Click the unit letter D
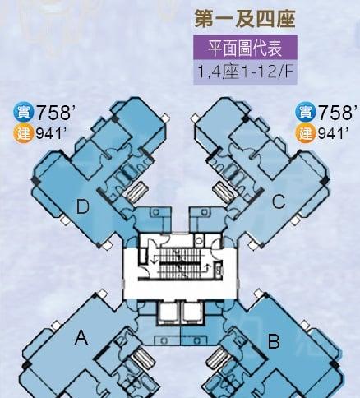point(82,206)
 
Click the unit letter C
point(279,201)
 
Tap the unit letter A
point(81,337)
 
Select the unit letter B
point(274,341)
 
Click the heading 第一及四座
point(245,19)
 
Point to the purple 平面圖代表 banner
point(245,47)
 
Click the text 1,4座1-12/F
point(245,72)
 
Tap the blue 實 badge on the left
point(24,113)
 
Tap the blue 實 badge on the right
point(306,113)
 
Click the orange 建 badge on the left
point(24,133)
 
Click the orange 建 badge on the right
point(306,133)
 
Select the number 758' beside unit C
point(336,112)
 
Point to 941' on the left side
point(51,133)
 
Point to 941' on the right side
point(333,133)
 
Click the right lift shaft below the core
point(193,312)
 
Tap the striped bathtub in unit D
point(136,192)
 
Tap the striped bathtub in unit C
point(224,192)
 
